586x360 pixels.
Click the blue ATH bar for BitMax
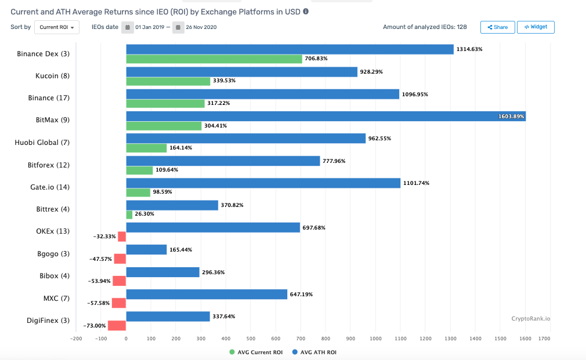[x=325, y=117]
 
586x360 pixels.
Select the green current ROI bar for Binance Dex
[x=214, y=59]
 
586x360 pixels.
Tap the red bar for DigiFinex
[x=117, y=326]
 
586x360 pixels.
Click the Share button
[x=497, y=27]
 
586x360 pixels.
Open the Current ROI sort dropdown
[x=57, y=27]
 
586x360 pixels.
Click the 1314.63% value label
[x=469, y=49]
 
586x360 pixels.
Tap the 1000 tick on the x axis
[x=375, y=337]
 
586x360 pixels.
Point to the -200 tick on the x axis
[x=76, y=337]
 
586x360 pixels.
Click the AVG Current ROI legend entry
[x=256, y=352]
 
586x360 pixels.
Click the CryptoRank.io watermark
[x=530, y=318]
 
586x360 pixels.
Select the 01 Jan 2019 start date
[x=150, y=27]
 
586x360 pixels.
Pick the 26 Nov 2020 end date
[x=201, y=27]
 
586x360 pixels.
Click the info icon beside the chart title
[x=306, y=11]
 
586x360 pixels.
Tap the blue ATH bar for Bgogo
[x=146, y=250]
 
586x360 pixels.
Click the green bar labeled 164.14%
[x=146, y=148]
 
